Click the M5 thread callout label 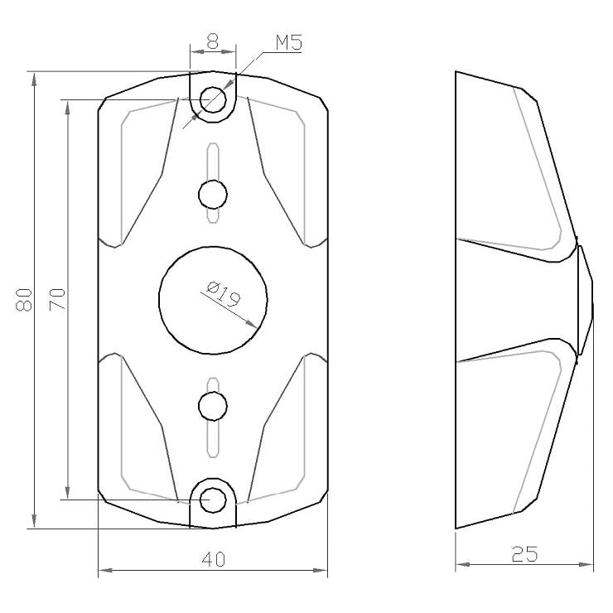289,42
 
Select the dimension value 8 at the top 213,41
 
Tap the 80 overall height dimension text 24,300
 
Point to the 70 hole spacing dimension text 57,300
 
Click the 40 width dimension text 214,559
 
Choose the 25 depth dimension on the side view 524,554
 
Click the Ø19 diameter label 223,294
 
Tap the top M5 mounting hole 213,99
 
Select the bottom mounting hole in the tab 213,500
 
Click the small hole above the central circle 213,195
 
